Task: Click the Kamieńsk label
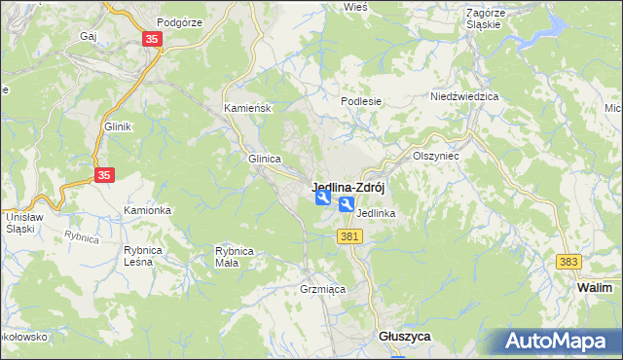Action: point(247,108)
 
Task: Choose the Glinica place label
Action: point(265,159)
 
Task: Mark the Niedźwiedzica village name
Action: point(464,97)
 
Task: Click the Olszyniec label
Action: point(435,155)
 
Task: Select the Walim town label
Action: point(594,288)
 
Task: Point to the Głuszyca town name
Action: point(404,335)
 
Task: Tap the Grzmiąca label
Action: point(321,290)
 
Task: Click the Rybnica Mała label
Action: point(235,256)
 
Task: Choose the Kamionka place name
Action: point(147,210)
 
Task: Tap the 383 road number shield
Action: point(568,262)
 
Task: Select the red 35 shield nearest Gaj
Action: point(152,39)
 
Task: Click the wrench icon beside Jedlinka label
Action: point(347,204)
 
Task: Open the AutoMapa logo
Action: point(558,341)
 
